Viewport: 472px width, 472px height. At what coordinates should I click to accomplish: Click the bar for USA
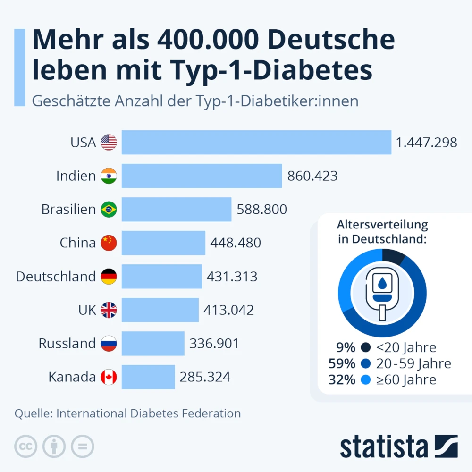click(x=256, y=142)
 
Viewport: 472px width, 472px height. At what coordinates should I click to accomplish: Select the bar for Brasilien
click(x=177, y=209)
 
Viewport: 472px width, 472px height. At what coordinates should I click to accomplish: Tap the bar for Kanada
click(x=148, y=377)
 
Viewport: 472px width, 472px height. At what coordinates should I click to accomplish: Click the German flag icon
click(x=109, y=276)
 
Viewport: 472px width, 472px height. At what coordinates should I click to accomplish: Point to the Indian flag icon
click(x=109, y=176)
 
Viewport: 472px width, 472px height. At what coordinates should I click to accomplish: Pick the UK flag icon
click(x=109, y=310)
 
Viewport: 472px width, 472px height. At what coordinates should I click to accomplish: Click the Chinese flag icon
click(x=109, y=243)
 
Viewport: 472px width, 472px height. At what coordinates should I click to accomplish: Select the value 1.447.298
click(x=427, y=142)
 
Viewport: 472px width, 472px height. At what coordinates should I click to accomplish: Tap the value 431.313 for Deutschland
click(x=232, y=276)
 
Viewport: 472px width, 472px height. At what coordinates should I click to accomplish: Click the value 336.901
click(x=214, y=343)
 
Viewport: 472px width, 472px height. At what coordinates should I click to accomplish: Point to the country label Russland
click(x=67, y=343)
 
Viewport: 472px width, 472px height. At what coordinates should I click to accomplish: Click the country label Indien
click(x=76, y=176)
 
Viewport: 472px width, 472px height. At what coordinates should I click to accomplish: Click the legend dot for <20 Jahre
click(x=365, y=348)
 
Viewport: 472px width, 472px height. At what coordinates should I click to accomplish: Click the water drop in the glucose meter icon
click(x=382, y=284)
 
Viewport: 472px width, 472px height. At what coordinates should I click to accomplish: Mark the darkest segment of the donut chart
click(x=394, y=256)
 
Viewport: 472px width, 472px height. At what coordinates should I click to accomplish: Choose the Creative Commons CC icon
click(x=25, y=446)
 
